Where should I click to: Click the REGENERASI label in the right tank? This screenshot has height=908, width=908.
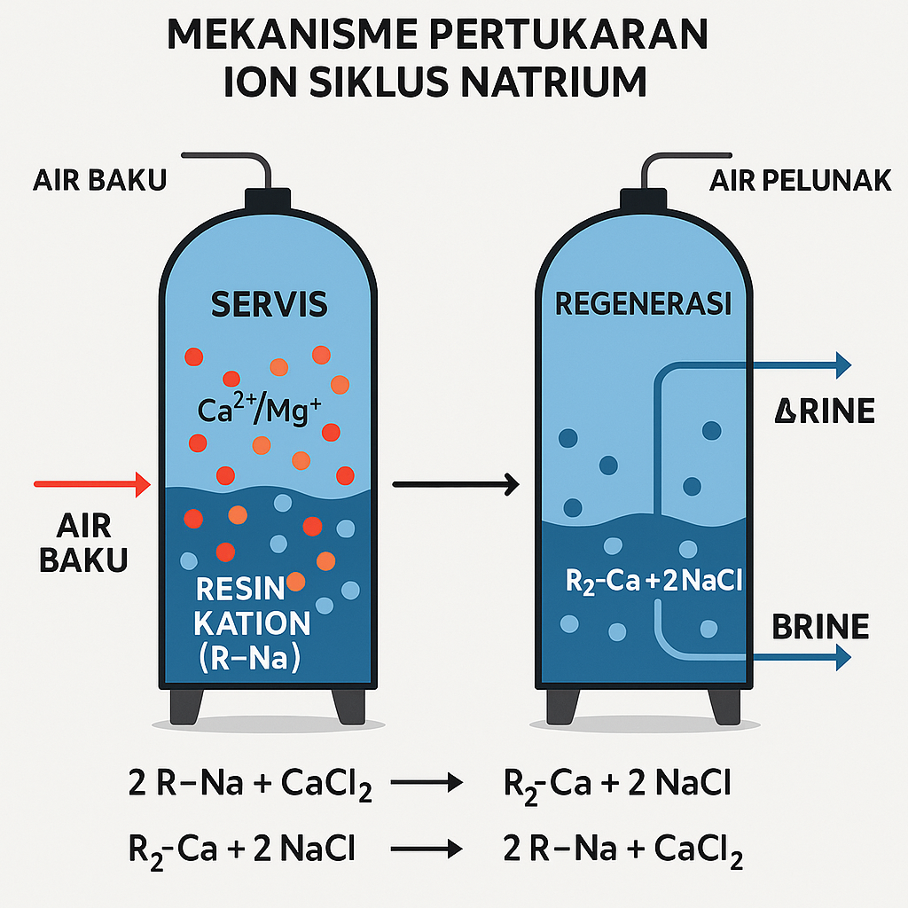(x=644, y=304)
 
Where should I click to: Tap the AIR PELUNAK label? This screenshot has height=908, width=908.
(x=800, y=181)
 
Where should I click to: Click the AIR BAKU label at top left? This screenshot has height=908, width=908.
(x=99, y=181)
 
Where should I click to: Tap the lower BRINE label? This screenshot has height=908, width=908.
(x=820, y=627)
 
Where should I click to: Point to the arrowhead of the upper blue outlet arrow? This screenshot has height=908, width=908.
(x=842, y=364)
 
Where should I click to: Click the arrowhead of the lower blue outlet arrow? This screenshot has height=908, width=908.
(x=842, y=656)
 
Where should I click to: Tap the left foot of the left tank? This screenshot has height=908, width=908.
(x=186, y=705)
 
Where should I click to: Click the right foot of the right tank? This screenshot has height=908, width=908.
(x=726, y=705)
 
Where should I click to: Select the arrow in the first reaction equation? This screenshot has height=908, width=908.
(x=427, y=783)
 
